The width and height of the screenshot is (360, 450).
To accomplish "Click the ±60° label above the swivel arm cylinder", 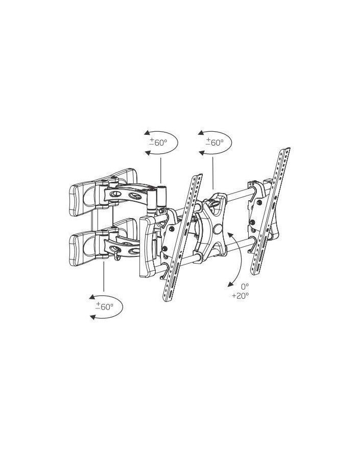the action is [158, 142].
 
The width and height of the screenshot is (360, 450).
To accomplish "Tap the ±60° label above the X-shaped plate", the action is [214, 142].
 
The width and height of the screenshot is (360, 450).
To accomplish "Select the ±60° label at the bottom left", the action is [104, 306].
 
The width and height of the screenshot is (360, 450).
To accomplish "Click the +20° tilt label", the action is [241, 296].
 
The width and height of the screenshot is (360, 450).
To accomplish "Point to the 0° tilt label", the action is [245, 286].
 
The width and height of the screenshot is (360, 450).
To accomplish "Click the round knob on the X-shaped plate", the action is [218, 229].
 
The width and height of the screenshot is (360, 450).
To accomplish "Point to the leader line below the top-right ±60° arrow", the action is [212, 173].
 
